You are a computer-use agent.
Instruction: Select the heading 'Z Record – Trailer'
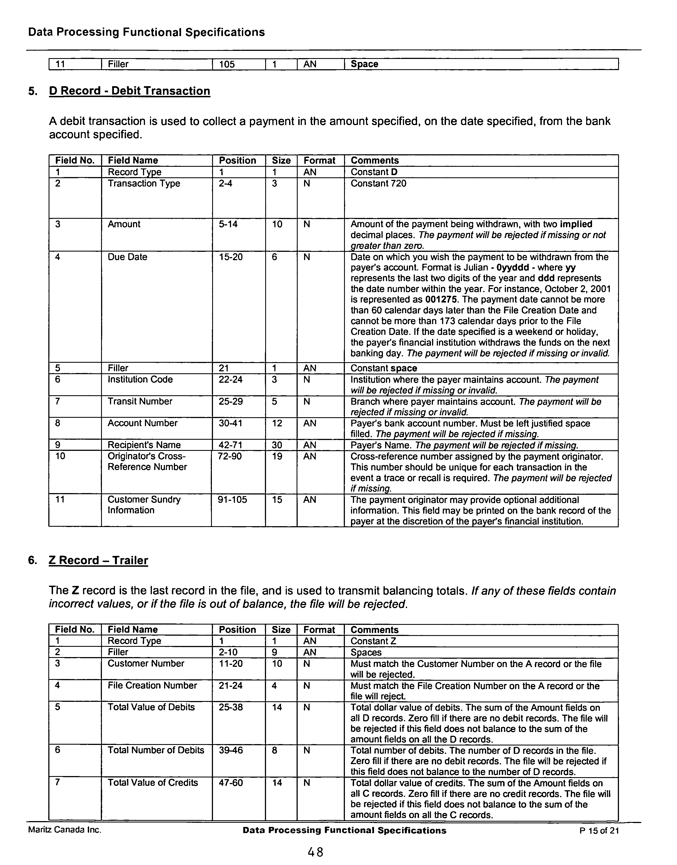point(98,560)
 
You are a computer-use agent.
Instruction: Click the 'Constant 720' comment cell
point(378,183)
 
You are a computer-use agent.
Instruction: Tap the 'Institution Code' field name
point(140,379)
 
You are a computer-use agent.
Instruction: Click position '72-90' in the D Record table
point(230,456)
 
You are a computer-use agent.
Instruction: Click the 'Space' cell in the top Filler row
point(364,64)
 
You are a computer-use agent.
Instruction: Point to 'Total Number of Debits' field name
point(156,750)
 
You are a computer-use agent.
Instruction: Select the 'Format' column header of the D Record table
point(319,160)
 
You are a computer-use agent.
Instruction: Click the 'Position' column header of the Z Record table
point(237,630)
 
